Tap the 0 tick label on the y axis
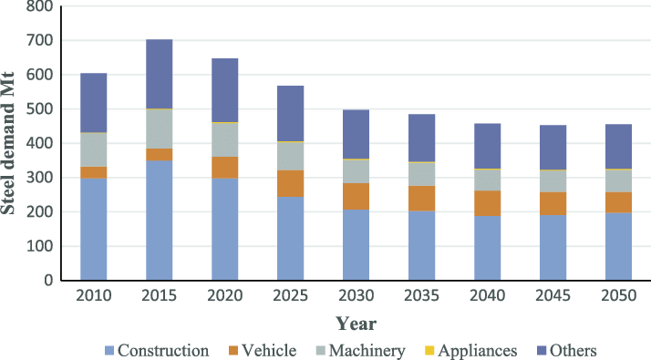pos(46,281)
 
